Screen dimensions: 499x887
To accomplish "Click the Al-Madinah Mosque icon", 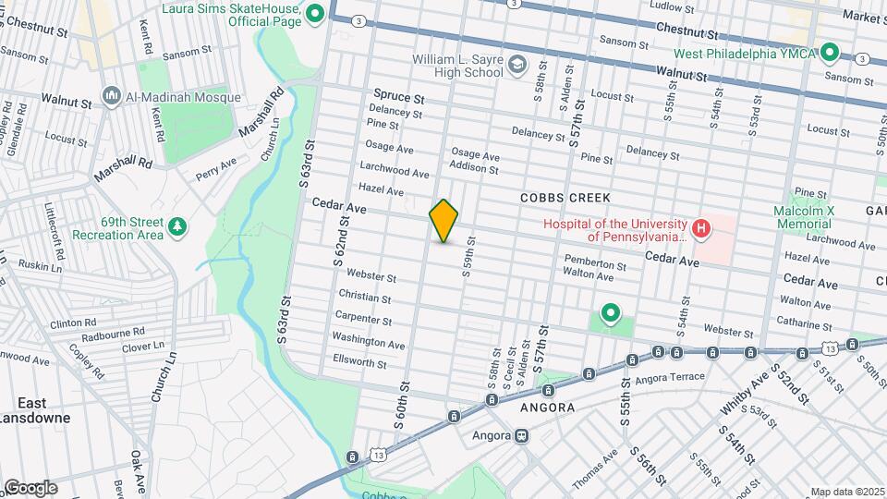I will [x=113, y=97].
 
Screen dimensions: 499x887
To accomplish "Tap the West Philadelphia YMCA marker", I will [x=829, y=53].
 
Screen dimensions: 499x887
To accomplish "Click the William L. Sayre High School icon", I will [x=517, y=65].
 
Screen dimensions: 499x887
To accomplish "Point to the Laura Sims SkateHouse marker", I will [x=314, y=13].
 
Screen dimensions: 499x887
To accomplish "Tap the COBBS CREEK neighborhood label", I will [x=559, y=198].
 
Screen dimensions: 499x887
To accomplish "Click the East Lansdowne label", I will [x=32, y=409].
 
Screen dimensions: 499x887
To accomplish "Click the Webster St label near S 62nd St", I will [x=371, y=277].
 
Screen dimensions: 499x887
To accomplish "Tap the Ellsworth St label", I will [x=359, y=362].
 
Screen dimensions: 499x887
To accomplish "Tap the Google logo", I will [x=30, y=488].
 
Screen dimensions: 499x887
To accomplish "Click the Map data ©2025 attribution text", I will [x=847, y=492].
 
